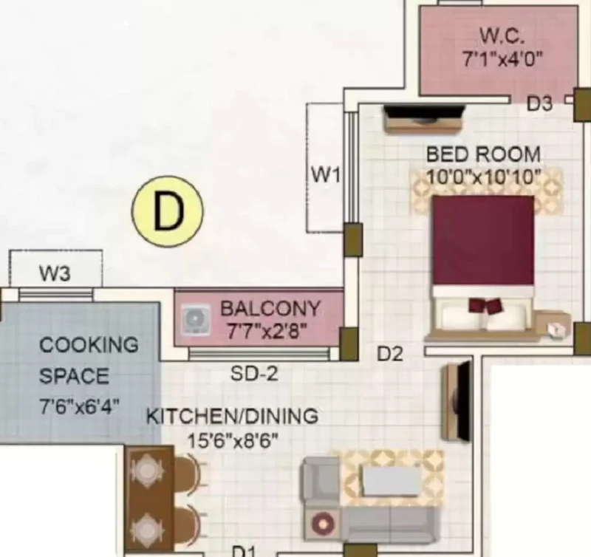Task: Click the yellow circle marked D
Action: (168, 211)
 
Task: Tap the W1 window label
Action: (326, 175)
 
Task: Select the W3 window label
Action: (55, 273)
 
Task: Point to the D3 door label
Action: (539, 103)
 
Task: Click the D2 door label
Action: (390, 354)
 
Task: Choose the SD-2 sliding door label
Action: (254, 374)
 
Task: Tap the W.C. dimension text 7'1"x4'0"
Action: (503, 59)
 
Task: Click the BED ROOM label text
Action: (484, 154)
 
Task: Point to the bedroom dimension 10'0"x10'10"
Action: (484, 177)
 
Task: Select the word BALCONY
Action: (270, 309)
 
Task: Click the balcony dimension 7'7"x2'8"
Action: (267, 332)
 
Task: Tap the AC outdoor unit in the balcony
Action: (195, 320)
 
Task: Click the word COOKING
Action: (89, 345)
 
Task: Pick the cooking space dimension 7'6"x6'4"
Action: (80, 406)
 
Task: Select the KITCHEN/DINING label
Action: (232, 417)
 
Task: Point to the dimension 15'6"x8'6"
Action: (233, 440)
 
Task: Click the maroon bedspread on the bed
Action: (484, 240)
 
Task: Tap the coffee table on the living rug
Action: (391, 481)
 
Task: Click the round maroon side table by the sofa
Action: (323, 523)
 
